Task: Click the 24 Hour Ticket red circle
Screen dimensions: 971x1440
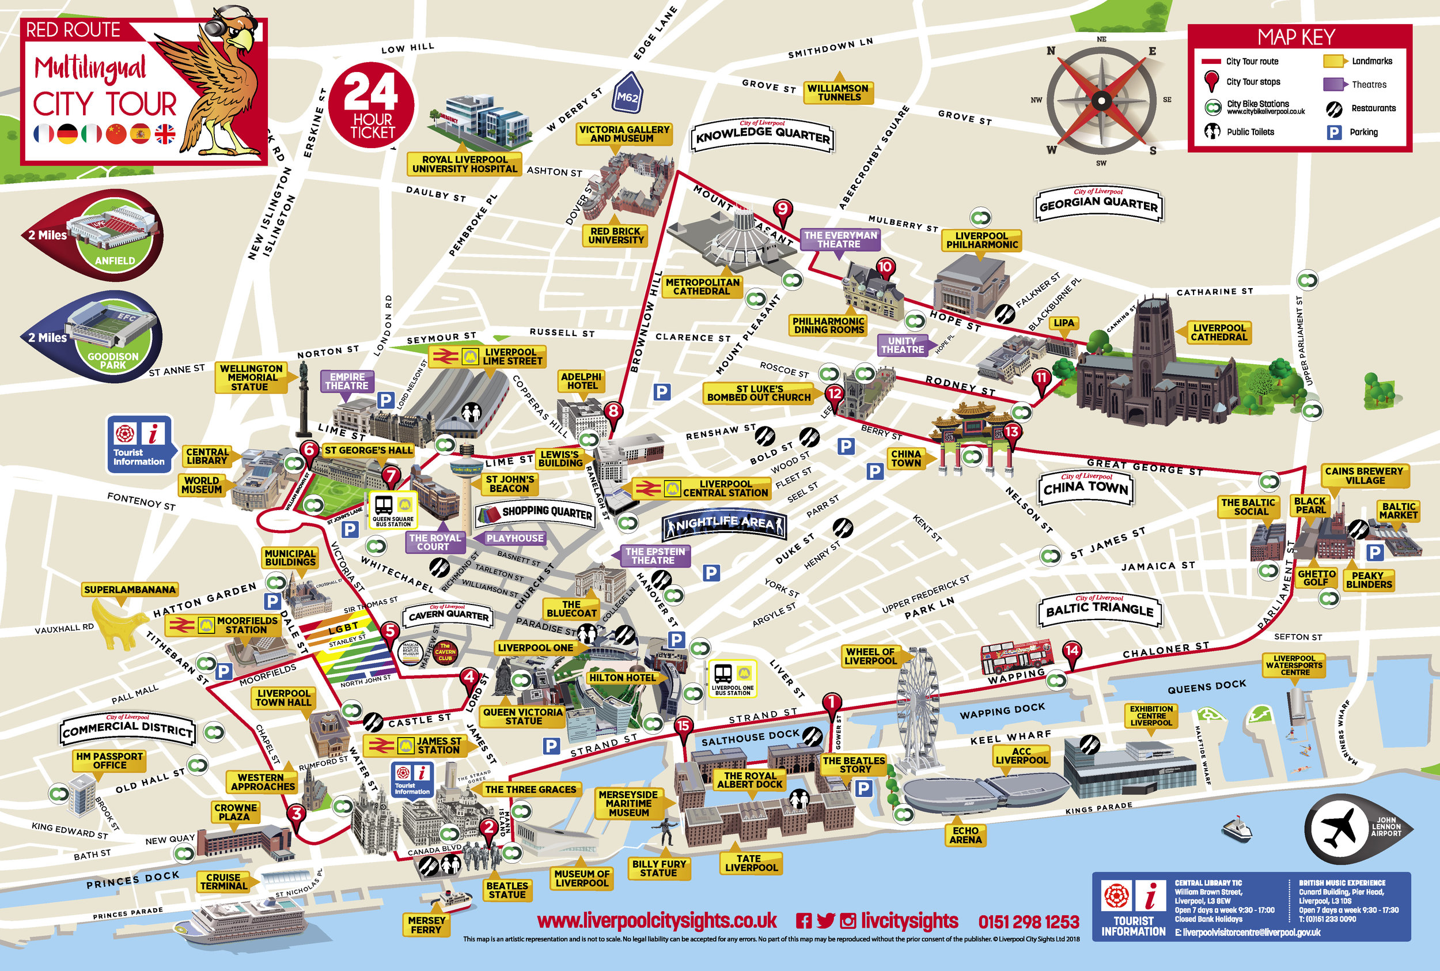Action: tap(373, 105)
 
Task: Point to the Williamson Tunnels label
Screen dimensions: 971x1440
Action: tap(838, 92)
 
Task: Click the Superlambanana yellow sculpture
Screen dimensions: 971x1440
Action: tap(120, 624)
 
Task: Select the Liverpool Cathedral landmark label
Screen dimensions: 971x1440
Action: tap(1218, 333)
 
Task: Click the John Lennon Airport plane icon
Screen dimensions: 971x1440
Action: tap(1340, 829)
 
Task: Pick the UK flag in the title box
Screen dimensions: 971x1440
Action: tap(165, 133)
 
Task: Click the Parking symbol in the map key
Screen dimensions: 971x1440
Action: tap(1334, 132)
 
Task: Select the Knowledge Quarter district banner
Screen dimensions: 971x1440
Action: tap(763, 136)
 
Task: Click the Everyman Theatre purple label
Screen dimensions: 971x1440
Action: tap(839, 240)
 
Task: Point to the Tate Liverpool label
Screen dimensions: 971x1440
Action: tap(750, 863)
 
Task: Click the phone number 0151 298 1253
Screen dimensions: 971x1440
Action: tap(1029, 922)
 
